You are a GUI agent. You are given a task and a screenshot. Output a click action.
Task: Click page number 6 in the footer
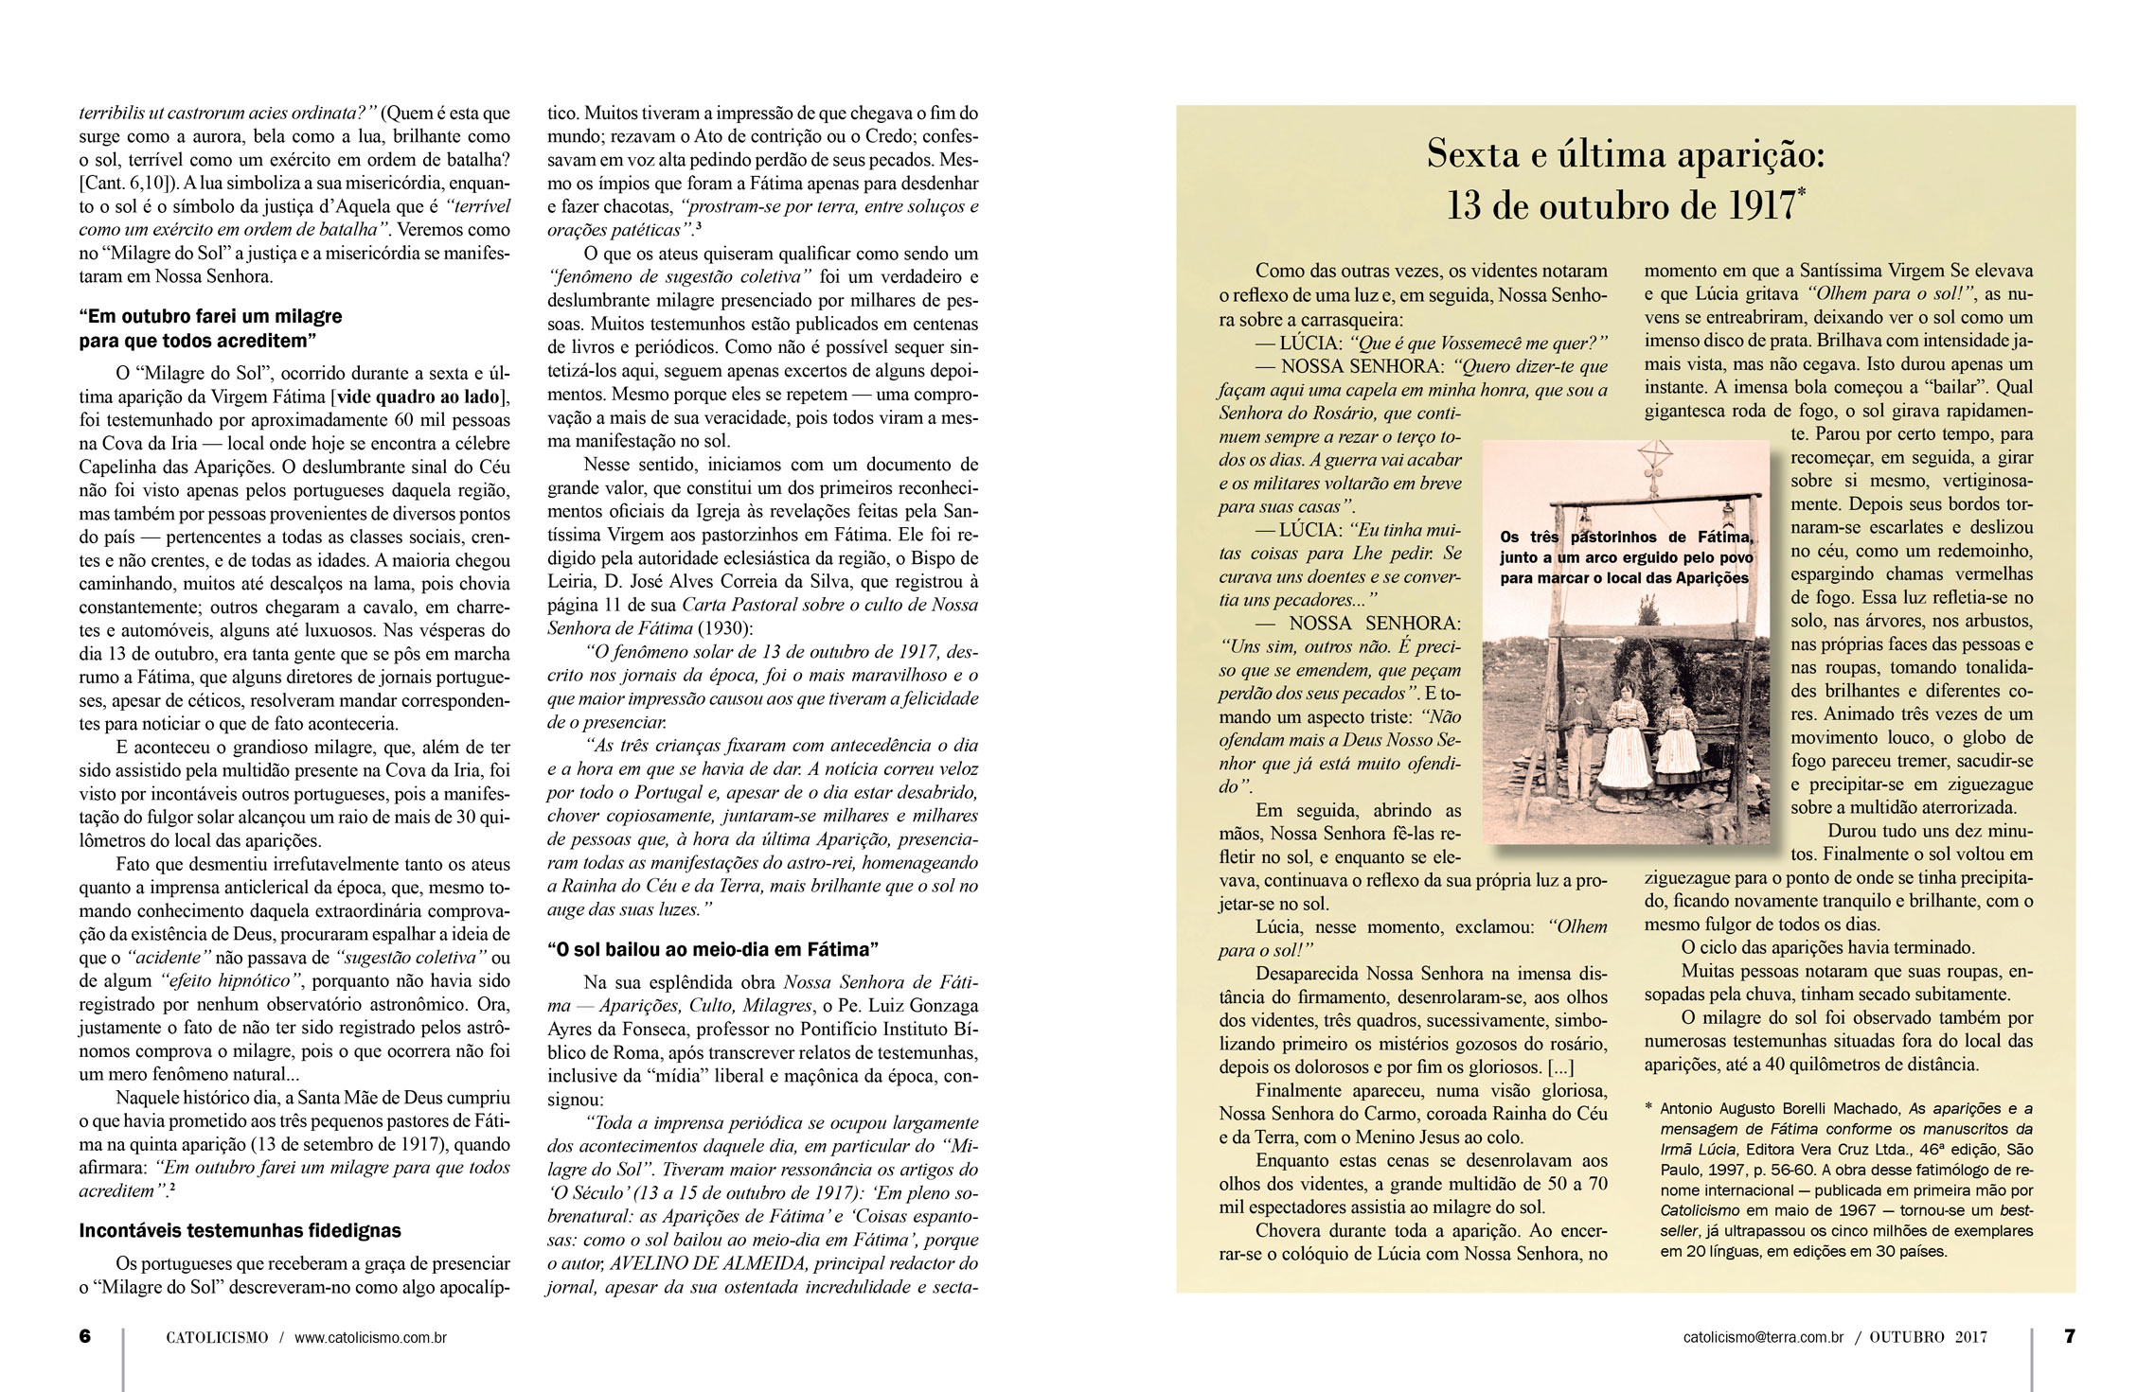point(85,1336)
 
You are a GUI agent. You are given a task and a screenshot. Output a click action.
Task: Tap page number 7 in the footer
point(2069,1336)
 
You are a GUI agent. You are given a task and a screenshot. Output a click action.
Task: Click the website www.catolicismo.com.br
point(370,1338)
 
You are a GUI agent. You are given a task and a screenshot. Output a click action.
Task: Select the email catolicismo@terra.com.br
point(1763,1338)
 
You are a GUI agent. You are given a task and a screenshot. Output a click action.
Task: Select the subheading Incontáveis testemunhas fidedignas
point(240,1231)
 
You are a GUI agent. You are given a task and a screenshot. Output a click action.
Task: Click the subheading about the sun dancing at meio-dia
point(713,949)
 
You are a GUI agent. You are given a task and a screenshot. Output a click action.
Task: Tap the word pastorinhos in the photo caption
point(1612,537)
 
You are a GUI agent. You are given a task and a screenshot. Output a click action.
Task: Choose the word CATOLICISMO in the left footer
point(217,1338)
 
